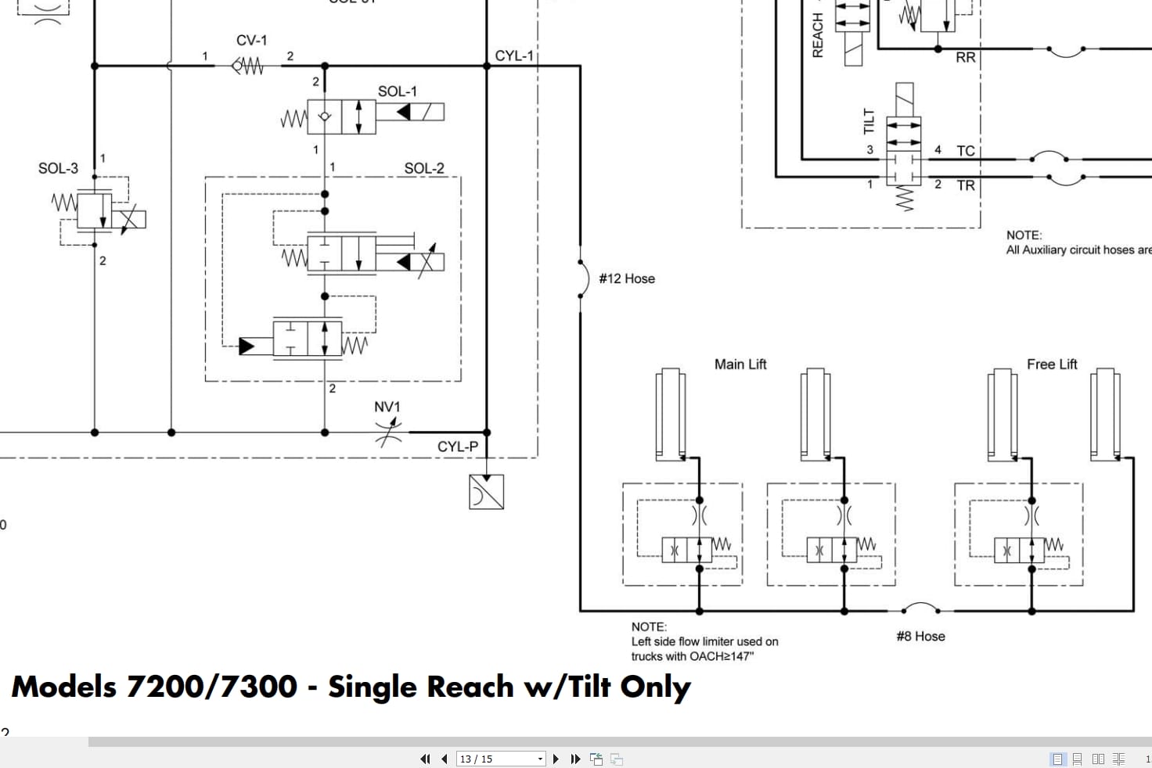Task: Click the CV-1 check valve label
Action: [x=251, y=40]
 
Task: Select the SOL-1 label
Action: [x=398, y=92]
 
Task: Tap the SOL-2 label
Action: [x=424, y=168]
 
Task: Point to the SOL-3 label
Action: [x=58, y=168]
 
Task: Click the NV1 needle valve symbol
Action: [x=388, y=431]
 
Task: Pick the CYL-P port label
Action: [x=457, y=447]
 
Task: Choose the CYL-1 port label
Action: [x=514, y=56]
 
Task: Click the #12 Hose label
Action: [x=627, y=278]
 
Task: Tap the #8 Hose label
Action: [x=920, y=637]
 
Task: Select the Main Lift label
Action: [x=740, y=364]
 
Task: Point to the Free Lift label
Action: [x=1052, y=364]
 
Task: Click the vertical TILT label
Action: [x=869, y=121]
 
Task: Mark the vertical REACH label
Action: [x=818, y=35]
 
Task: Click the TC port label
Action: [x=966, y=151]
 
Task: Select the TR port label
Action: [x=966, y=185]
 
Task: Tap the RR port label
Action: [x=966, y=58]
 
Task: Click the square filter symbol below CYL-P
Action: [x=486, y=492]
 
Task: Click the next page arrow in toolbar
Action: [x=556, y=759]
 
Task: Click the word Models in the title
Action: [x=64, y=687]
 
